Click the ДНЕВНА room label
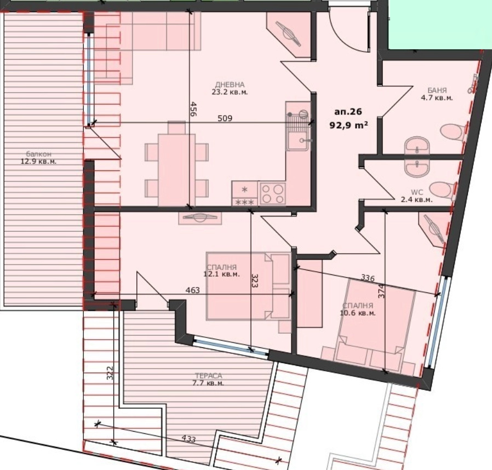[x=230, y=85]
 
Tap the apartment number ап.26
[x=348, y=112]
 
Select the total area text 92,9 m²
[x=348, y=125]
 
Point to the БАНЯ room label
[x=437, y=91]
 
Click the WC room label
[x=417, y=193]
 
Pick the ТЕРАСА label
[x=208, y=376]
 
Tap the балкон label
[x=38, y=154]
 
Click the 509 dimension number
[x=225, y=118]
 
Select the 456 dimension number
[x=193, y=109]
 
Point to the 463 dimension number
[x=193, y=290]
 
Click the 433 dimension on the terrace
[x=188, y=439]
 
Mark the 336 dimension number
[x=368, y=278]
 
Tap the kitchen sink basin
[x=298, y=141]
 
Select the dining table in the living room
[x=176, y=170]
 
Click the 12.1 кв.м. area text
[x=221, y=274]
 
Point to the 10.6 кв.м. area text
[x=358, y=313]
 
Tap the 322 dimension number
[x=110, y=372]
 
